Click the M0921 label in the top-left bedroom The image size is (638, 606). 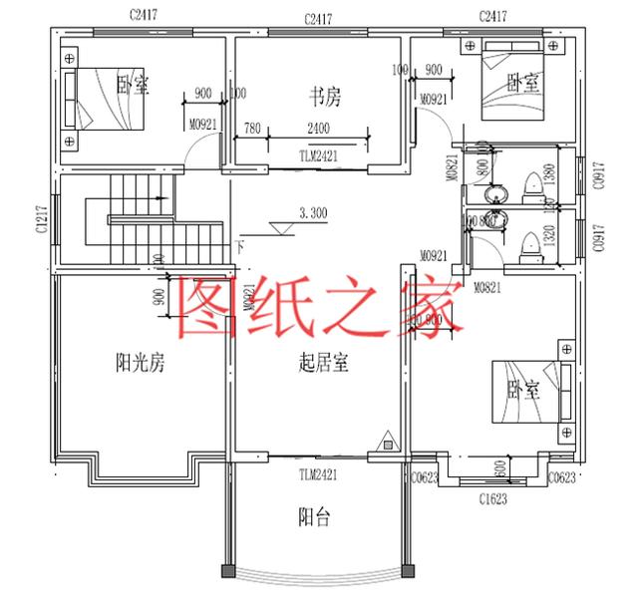pos(202,125)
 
